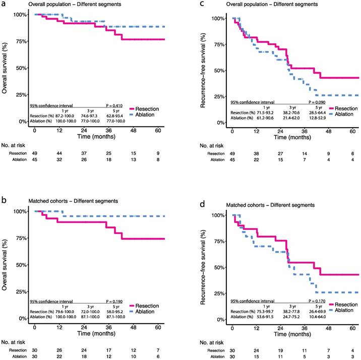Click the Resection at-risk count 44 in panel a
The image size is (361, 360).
click(60, 153)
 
